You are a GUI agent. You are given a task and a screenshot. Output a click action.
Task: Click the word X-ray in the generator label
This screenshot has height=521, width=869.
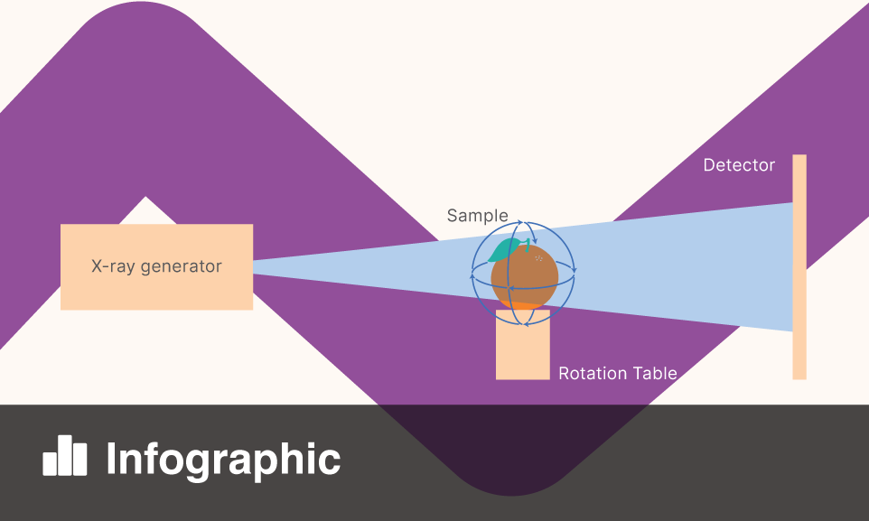tap(113, 267)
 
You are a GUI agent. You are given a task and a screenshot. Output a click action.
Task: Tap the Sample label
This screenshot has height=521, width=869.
tap(477, 217)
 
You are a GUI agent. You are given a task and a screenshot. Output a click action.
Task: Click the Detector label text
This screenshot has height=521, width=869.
tap(739, 165)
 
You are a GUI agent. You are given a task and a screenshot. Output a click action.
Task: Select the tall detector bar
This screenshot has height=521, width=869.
tap(799, 266)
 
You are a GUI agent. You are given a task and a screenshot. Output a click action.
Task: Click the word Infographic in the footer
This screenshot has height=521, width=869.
tap(223, 459)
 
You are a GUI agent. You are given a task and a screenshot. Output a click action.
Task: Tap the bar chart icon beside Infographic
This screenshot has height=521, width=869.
tap(65, 457)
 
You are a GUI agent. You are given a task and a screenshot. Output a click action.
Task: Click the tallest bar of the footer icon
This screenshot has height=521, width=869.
tap(64, 455)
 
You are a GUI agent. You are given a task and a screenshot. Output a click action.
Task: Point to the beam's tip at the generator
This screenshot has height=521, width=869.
tap(256, 262)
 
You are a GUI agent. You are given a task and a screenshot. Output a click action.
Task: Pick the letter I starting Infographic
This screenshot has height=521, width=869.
tap(112, 459)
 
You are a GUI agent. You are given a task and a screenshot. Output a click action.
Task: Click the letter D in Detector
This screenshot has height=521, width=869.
tap(709, 165)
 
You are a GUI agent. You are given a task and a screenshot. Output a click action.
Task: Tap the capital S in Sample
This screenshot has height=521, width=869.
tap(453, 217)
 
